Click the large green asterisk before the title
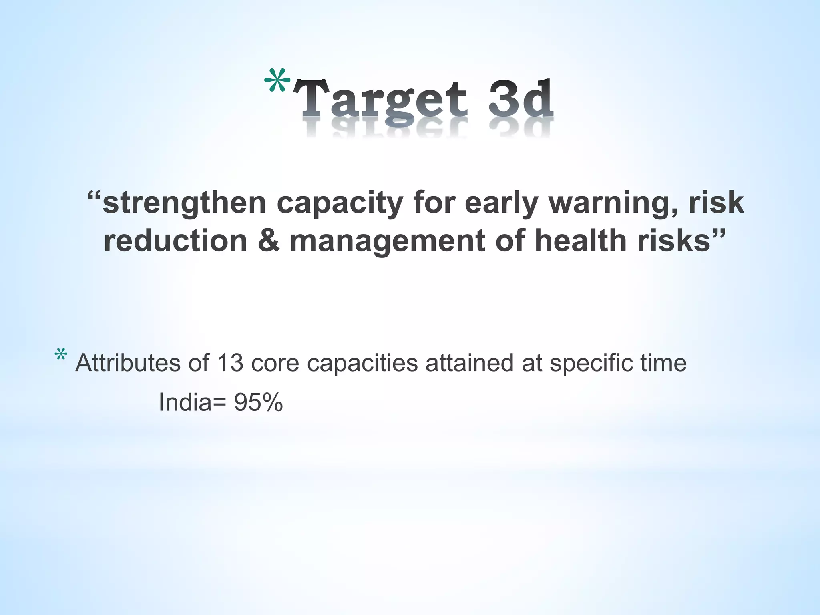coord(277,81)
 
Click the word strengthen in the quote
coord(184,203)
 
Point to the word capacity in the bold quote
coord(339,203)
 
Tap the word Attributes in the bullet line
coord(128,363)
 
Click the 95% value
coord(259,402)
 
